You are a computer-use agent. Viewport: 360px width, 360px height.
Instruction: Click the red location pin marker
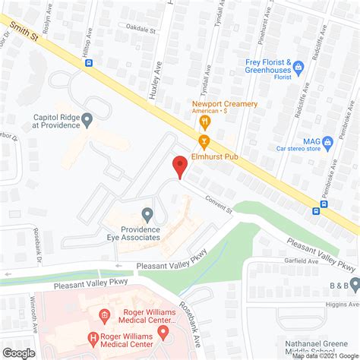coord(179,165)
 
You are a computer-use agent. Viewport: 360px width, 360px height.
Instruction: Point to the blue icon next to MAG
coord(328,141)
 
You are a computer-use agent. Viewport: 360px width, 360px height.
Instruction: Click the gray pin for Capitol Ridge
coord(87,119)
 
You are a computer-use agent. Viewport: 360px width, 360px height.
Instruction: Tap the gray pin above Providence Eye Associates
coord(147,216)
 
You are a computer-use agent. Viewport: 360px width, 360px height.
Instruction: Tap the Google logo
coord(20,352)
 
